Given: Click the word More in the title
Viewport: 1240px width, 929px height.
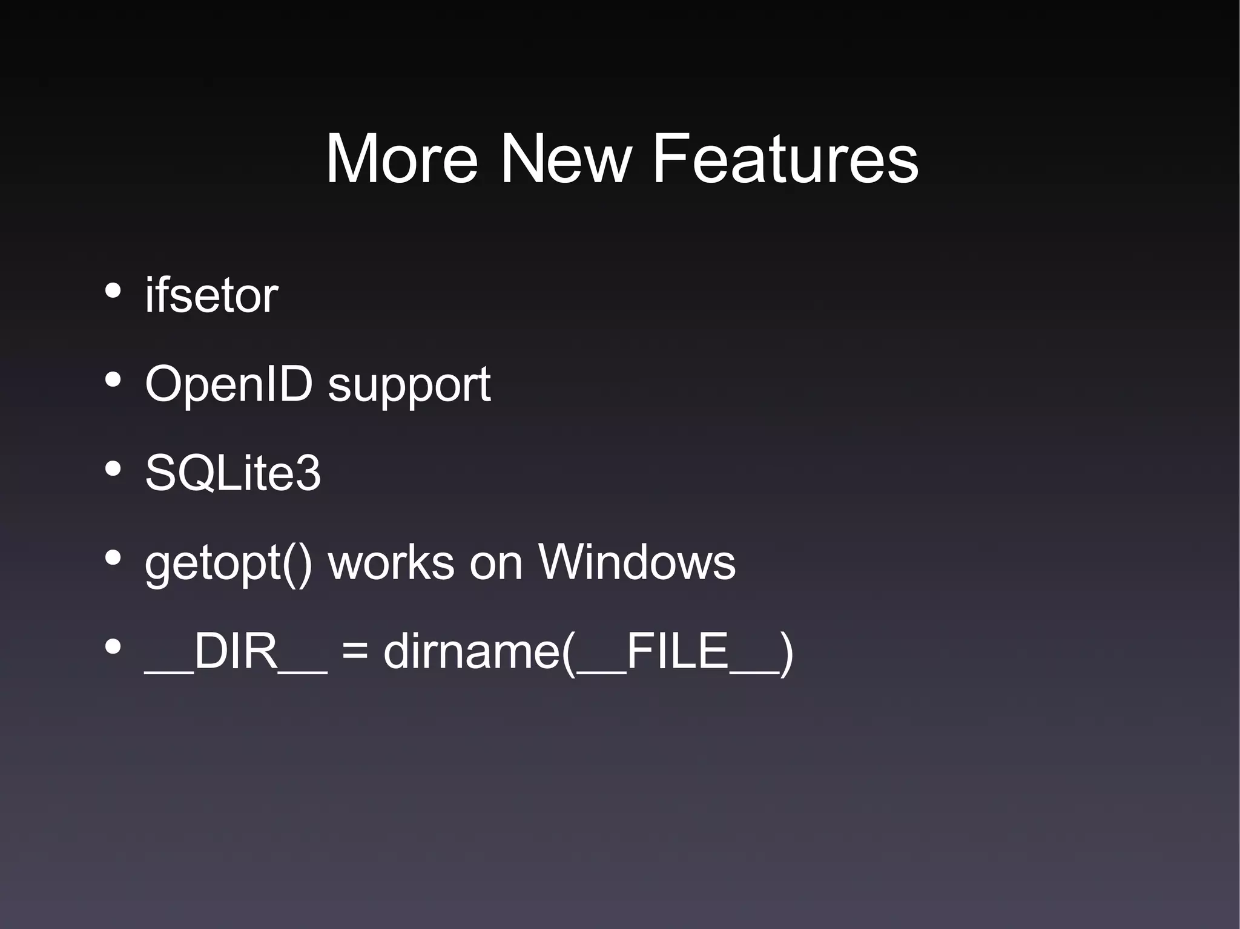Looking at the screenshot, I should pyautogui.click(x=401, y=159).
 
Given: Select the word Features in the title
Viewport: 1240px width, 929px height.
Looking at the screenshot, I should pyautogui.click(x=785, y=159).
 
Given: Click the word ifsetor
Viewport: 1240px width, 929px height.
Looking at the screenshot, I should pyautogui.click(x=211, y=295).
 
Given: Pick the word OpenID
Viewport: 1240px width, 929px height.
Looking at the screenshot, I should pyautogui.click(x=229, y=384).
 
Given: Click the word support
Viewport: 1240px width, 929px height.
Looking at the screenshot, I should pyautogui.click(x=409, y=386).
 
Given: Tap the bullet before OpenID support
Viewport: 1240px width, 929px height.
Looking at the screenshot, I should pyautogui.click(x=113, y=380).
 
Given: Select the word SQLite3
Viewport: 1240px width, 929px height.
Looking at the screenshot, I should pyautogui.click(x=232, y=473).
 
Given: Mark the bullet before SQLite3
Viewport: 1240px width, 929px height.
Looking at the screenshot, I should pyautogui.click(x=113, y=470).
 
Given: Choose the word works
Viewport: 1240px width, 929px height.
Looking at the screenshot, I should pyautogui.click(x=391, y=562).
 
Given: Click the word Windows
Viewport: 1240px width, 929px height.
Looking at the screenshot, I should pyautogui.click(x=637, y=562).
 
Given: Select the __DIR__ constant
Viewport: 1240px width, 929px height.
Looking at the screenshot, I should pyautogui.click(x=236, y=652).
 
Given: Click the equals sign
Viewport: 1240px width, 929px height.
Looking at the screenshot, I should pyautogui.click(x=355, y=652).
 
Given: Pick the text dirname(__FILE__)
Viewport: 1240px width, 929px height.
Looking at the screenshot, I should pyautogui.click(x=588, y=652).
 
